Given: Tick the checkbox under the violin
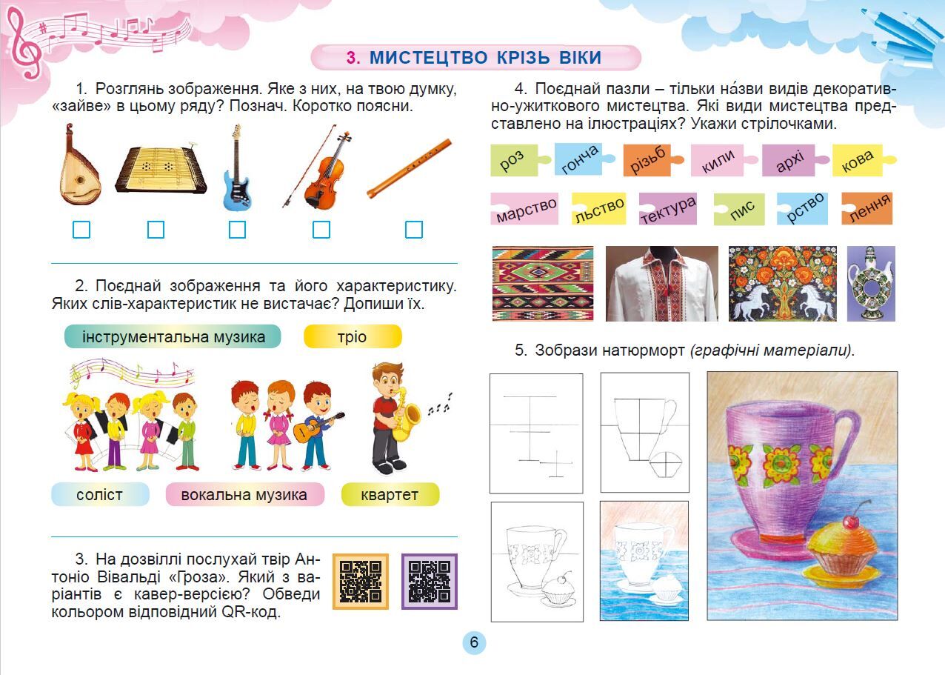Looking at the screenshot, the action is coord(321,230).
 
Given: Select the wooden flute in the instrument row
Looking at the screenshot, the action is coord(409,169).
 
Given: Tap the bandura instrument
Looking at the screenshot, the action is coord(79,165).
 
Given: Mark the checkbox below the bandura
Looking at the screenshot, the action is coord(81,230).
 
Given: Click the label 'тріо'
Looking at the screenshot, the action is coord(353,336).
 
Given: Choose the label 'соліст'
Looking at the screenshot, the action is coord(100,494).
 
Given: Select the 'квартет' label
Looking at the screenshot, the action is coord(390,494).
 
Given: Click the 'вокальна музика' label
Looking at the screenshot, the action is coord(244,494).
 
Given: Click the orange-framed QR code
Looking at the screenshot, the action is coord(361,582).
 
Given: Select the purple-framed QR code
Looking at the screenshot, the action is coord(430,582).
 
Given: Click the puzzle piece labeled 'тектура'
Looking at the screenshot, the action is coord(668,208).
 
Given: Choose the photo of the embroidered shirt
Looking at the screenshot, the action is coord(662,284).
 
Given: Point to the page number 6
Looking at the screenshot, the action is coord(474,642).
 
